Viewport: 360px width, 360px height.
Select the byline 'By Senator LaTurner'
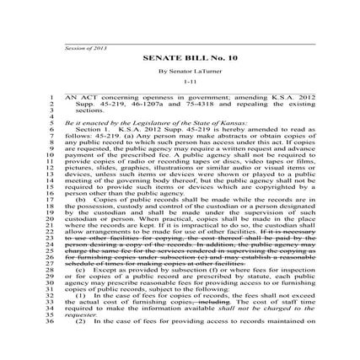click(x=180, y=71)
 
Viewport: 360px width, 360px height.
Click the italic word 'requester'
click(x=79, y=315)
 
